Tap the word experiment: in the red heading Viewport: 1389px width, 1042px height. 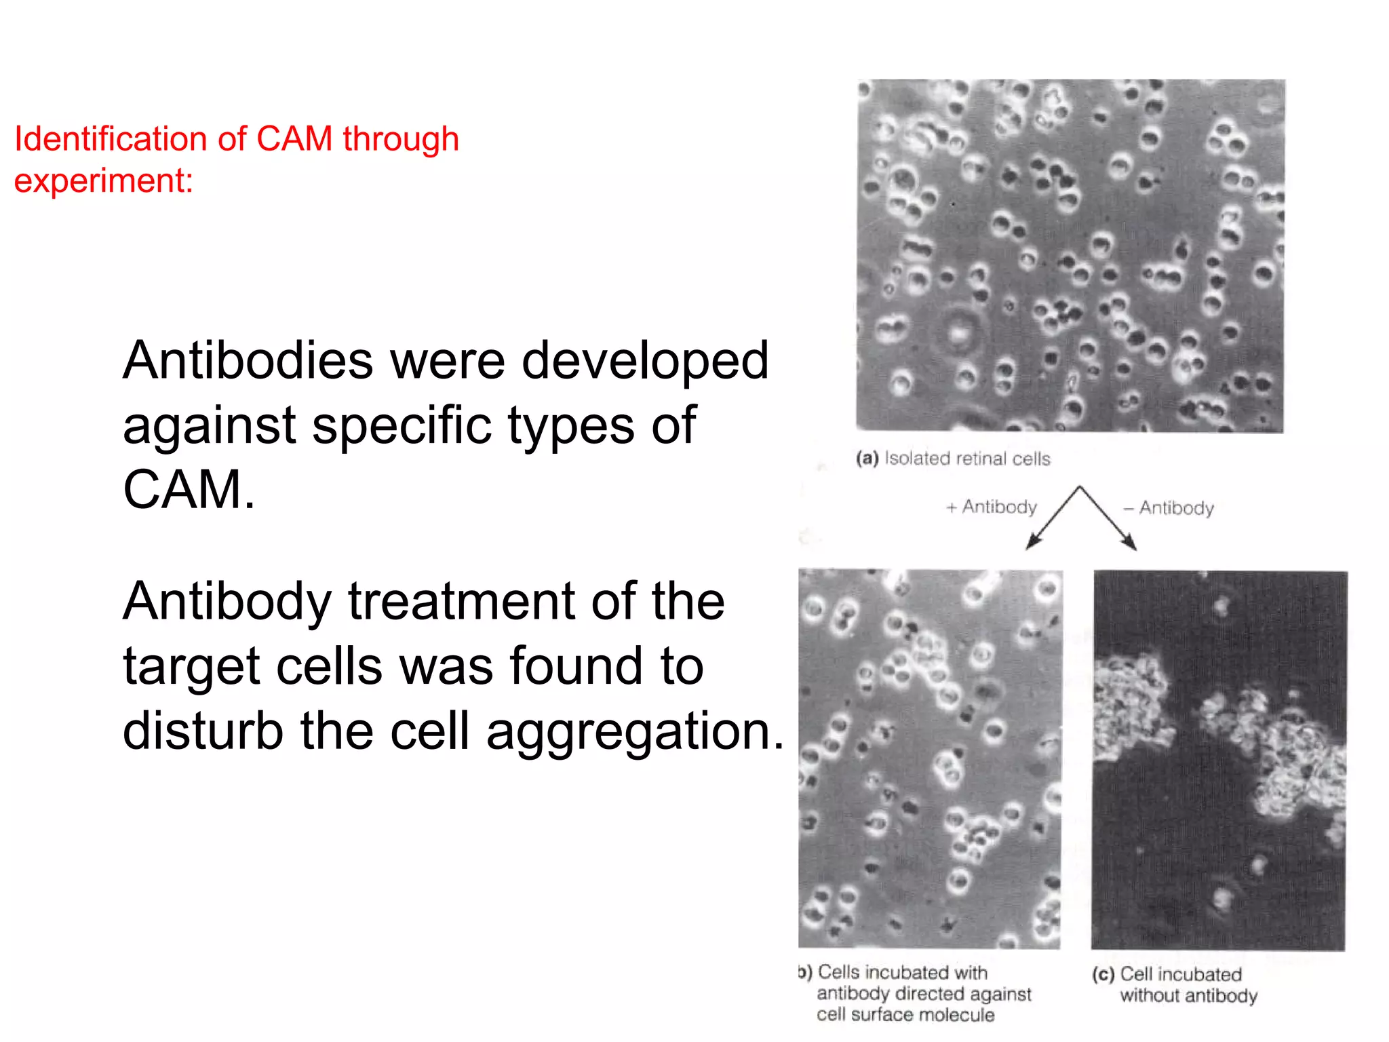(104, 181)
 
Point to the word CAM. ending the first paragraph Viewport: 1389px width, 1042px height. (189, 489)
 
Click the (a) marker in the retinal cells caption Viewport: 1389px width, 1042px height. (867, 459)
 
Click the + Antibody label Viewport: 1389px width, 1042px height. (992, 507)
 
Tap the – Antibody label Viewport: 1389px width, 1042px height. (1169, 508)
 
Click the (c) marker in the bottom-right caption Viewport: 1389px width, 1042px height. (1103, 975)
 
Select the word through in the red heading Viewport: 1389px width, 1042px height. (401, 139)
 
